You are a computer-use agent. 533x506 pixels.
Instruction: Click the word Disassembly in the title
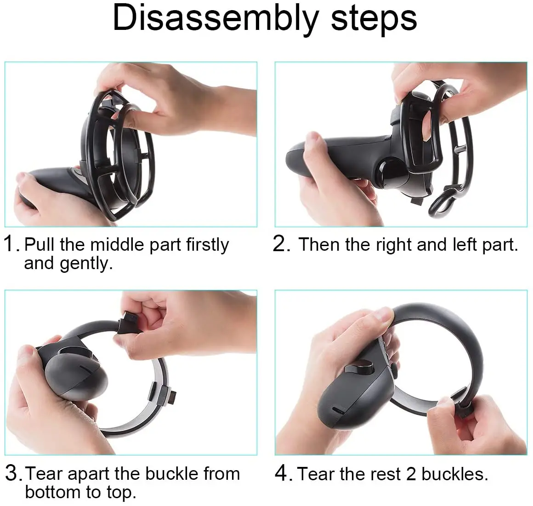pyautogui.click(x=215, y=18)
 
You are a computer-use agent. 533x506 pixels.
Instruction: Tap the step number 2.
pyautogui.click(x=281, y=244)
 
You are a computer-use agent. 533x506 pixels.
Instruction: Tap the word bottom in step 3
pyautogui.click(x=53, y=492)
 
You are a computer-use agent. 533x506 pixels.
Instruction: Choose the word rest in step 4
pyautogui.click(x=374, y=473)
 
